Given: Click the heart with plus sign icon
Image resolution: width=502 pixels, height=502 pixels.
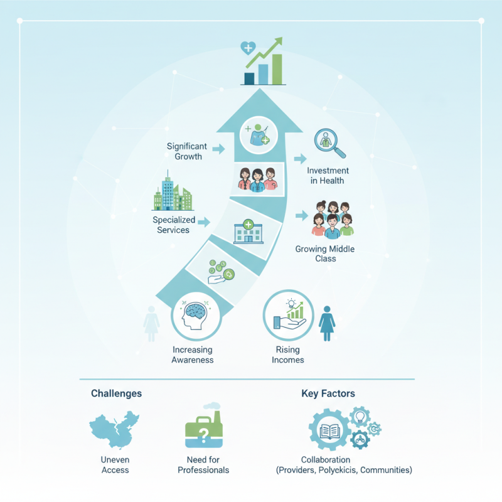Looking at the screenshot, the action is point(248,48).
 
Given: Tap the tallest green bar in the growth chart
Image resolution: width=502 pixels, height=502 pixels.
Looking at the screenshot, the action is point(277,69).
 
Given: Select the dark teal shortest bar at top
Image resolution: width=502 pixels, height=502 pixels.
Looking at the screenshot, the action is point(249,79).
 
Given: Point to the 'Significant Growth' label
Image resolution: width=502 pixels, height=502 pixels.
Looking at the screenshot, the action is point(187,151).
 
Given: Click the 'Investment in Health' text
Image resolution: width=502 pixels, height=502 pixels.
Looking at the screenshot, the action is point(328,176).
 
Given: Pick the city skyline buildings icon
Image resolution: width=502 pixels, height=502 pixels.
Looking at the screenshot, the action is point(173,191).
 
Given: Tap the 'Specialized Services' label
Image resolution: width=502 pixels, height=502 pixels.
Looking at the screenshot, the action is point(174,225).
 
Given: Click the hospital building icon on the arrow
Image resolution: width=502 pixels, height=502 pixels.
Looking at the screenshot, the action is point(248,232).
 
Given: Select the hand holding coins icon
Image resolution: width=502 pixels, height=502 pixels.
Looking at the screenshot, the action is point(222,272).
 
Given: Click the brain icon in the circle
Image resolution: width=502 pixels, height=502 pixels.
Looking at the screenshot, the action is point(195,316).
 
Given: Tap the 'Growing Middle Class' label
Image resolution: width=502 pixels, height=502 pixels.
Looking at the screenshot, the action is point(325,254).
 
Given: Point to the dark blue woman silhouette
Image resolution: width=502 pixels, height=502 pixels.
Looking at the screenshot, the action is point(327,323).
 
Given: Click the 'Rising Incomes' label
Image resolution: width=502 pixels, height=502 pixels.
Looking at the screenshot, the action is point(287,355).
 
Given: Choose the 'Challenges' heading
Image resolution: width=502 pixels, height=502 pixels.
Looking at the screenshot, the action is point(116,393).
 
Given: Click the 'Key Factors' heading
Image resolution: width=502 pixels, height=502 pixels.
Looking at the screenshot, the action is point(328,393).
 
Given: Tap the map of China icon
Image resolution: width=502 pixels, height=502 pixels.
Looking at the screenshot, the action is point(114,429).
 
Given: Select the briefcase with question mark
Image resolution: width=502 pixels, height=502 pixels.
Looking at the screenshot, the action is point(204,430).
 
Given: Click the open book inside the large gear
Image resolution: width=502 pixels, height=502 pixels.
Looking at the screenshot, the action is point(330,431).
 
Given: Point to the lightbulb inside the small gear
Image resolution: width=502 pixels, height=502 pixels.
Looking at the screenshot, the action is point(360,416).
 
